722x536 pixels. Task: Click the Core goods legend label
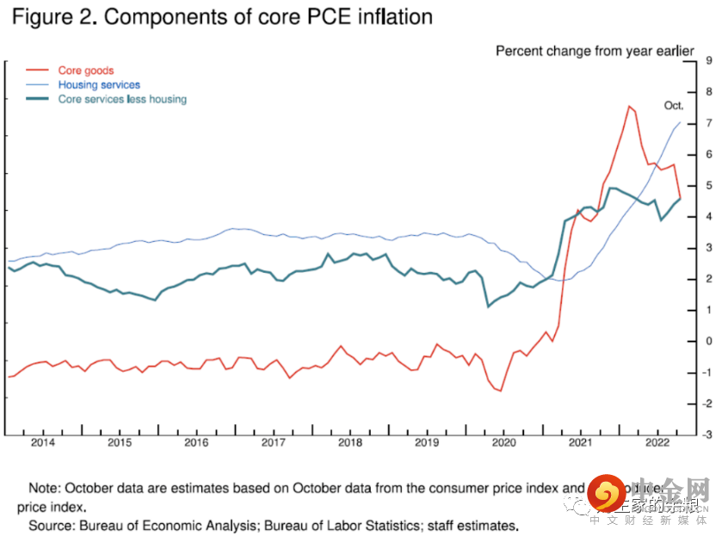[85, 71]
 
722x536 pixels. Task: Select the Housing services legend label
[99, 84]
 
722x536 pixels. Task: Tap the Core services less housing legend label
[122, 99]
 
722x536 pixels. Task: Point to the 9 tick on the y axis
[708, 60]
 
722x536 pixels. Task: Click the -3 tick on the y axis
[707, 434]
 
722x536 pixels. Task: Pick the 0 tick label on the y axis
[708, 341]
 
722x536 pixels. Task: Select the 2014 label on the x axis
[43, 442]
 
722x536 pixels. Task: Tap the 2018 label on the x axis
[350, 442]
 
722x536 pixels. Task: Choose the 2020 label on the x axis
[503, 442]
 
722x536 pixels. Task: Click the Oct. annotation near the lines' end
[674, 105]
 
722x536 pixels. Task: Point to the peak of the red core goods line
[629, 107]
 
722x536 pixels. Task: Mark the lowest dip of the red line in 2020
[500, 391]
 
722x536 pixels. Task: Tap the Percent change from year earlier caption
[595, 51]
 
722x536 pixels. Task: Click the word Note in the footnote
[44, 488]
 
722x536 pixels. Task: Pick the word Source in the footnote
[50, 525]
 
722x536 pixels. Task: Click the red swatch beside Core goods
[37, 71]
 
